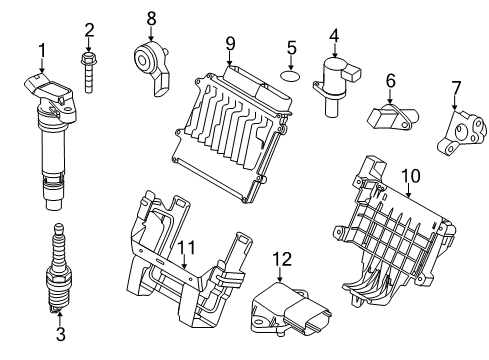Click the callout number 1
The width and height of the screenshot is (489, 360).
tap(42, 49)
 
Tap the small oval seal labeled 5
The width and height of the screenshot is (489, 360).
tap(291, 75)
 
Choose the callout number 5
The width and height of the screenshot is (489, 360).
tap(292, 47)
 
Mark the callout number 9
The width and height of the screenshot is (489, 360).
tap(229, 42)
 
